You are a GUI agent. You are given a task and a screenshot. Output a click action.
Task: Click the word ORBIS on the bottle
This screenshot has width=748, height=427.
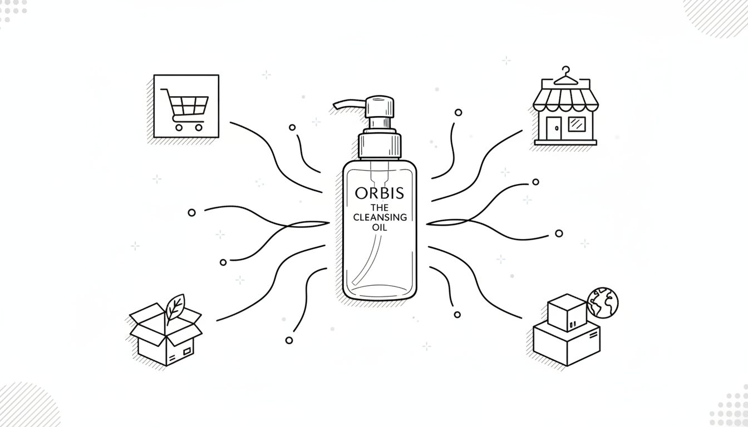(380, 193)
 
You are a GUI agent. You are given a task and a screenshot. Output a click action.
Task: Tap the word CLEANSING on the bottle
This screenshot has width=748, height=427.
(380, 217)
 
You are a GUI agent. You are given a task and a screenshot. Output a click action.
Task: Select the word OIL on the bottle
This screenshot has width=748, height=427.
(380, 228)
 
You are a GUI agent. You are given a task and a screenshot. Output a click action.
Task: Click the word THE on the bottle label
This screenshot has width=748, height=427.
(380, 208)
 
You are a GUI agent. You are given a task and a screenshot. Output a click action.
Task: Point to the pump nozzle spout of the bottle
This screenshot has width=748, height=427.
(349, 103)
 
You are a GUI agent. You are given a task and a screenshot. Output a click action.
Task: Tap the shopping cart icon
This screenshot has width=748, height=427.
(186, 106)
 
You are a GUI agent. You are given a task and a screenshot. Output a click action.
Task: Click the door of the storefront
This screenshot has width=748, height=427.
(554, 128)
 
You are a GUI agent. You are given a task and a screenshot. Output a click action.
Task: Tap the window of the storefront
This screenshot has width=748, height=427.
(577, 124)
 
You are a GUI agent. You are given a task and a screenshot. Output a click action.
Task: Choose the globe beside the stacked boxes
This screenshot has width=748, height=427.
(603, 302)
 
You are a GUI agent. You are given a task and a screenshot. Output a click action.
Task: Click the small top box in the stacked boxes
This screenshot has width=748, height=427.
(567, 312)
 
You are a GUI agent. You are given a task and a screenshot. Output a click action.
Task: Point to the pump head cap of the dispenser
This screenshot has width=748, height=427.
(380, 107)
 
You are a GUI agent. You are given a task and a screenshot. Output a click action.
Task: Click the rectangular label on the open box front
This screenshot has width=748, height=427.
(187, 351)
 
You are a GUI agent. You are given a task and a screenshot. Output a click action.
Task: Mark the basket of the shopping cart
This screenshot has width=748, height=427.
(188, 105)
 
